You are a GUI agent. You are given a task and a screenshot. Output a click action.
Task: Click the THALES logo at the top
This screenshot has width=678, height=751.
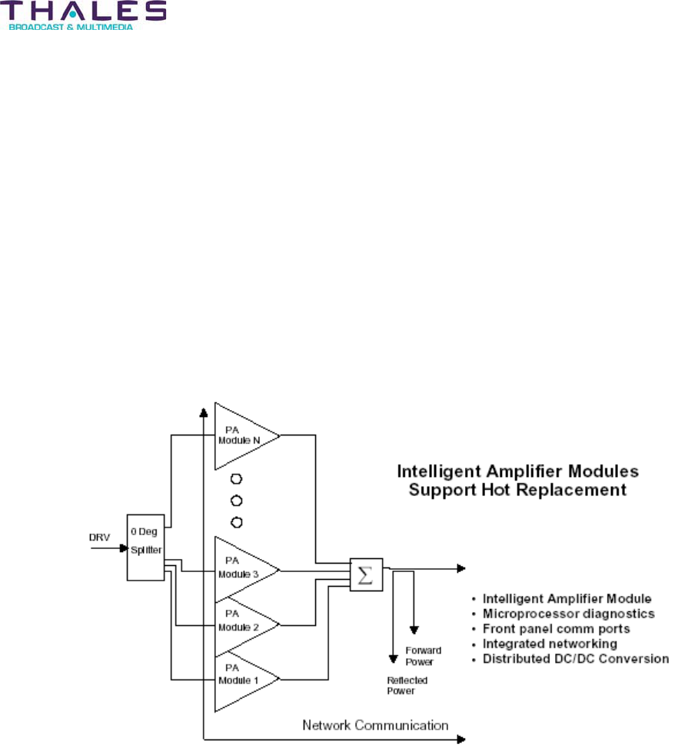pos(85,11)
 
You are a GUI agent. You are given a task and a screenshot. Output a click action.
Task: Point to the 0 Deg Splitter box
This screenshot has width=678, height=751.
pos(145,547)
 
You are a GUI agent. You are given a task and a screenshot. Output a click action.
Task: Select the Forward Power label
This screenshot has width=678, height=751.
pos(423,656)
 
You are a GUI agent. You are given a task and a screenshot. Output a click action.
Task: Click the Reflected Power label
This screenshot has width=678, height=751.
pos(407,685)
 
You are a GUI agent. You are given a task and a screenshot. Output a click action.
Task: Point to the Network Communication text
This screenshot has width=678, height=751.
pos(375,725)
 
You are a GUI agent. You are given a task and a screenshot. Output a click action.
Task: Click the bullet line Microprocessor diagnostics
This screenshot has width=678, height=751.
pos(568,614)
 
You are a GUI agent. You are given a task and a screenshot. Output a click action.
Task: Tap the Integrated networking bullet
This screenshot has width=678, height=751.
pos(550,643)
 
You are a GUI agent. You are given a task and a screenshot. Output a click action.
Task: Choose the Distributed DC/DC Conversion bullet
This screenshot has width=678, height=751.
pos(575,659)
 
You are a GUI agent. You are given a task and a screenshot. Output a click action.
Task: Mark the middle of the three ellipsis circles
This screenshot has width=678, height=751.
pos(237,501)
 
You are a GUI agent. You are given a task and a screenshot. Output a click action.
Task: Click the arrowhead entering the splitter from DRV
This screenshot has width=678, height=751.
pos(123,548)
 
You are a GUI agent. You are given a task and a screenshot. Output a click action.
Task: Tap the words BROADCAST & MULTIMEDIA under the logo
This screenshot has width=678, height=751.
pos(71,27)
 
